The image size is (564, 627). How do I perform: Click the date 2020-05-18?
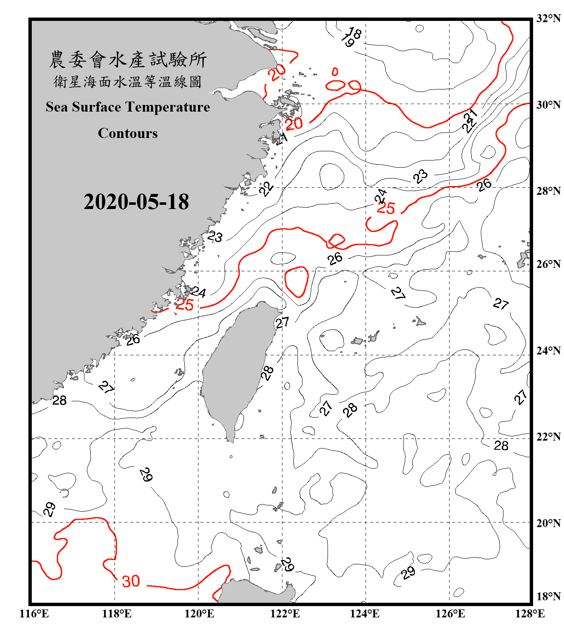136,202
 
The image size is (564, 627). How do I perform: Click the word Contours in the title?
128,133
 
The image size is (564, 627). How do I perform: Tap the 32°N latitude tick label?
549,18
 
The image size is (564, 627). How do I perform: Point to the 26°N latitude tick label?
549,264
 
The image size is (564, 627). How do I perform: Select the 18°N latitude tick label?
549,596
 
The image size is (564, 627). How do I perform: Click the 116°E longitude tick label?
34,614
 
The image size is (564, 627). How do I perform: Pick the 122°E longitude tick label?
285,614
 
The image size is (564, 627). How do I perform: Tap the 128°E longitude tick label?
530,614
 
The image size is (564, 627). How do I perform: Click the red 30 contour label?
131,581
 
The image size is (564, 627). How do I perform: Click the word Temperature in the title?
168,107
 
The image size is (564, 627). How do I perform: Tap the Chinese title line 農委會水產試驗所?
128,60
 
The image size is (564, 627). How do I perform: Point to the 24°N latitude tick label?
549,351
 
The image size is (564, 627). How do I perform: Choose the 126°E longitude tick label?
450,614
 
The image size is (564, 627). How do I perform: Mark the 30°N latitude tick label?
549,105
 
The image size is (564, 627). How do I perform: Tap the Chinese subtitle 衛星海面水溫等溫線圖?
128,82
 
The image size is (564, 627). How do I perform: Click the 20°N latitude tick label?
549,523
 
